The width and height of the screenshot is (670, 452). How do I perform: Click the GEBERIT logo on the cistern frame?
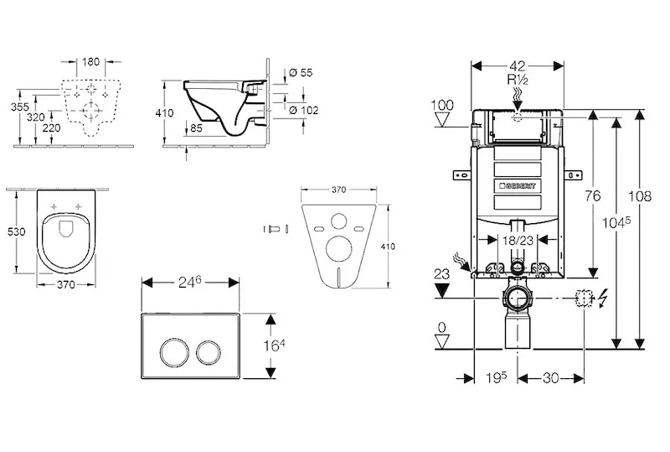(x=517, y=184)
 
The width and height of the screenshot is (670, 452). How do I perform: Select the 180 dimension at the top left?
(x=91, y=61)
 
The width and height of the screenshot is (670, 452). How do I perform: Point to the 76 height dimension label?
(x=592, y=195)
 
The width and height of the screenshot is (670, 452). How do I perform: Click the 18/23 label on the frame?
(x=517, y=240)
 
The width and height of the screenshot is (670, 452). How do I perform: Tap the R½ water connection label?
(x=517, y=80)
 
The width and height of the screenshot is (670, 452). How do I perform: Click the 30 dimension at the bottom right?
(x=549, y=379)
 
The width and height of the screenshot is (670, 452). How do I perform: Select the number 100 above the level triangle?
(x=441, y=105)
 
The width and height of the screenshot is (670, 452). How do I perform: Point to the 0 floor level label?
(x=441, y=326)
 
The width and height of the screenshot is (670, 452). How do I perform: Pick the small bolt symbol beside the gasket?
(x=275, y=229)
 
